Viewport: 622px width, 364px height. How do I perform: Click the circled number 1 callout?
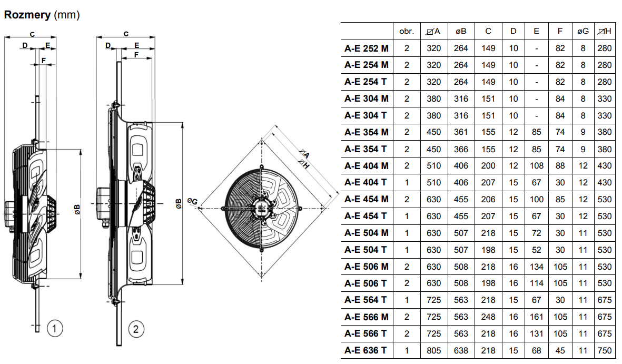click(55, 329)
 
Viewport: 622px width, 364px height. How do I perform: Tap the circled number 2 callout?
click(136, 329)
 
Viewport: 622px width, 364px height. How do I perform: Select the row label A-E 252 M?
click(367, 48)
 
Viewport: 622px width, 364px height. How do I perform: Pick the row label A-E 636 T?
click(367, 351)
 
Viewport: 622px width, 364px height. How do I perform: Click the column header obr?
click(407, 31)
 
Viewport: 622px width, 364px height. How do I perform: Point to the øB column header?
click(461, 31)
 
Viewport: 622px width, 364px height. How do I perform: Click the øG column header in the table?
click(583, 31)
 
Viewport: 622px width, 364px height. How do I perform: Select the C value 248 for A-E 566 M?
click(488, 317)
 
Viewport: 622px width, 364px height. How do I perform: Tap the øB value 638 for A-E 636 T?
click(461, 351)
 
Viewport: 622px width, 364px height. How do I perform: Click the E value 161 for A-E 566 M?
click(536, 317)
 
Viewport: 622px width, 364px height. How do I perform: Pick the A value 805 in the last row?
click(434, 351)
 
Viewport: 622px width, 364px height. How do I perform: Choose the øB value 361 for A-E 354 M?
click(461, 132)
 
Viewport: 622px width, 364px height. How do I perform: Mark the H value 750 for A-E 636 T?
click(605, 351)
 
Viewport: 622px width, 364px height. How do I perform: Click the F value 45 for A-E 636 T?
click(560, 351)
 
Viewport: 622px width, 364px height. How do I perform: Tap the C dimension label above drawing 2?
click(126, 34)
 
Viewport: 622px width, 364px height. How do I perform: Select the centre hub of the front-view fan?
click(261, 207)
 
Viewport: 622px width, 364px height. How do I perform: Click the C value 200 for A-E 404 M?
click(488, 166)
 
